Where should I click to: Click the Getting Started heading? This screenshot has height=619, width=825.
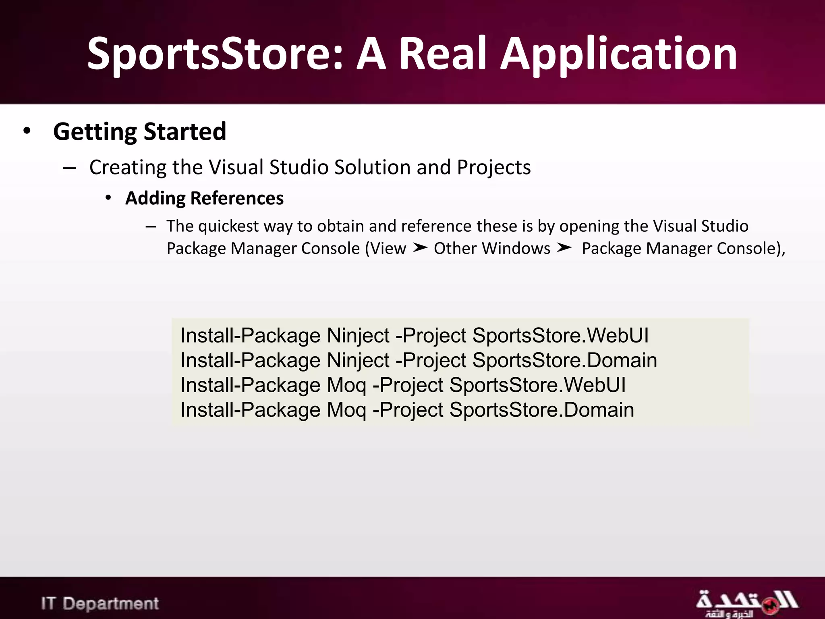(139, 131)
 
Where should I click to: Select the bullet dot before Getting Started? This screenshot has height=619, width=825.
(27, 131)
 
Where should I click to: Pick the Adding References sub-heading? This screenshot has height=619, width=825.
(204, 198)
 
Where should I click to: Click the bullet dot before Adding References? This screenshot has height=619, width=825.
(108, 197)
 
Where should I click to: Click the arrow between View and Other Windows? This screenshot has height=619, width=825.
(420, 248)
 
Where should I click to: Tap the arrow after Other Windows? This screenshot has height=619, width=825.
(564, 248)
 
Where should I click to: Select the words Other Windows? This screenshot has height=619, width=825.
(492, 248)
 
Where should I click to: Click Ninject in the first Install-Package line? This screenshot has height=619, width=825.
(358, 335)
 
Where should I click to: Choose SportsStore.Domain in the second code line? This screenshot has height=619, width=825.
(564, 360)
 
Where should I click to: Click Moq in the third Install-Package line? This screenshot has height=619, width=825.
(346, 385)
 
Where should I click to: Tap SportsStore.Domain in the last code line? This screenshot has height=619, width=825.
(541, 410)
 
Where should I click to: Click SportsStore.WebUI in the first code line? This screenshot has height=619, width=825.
(560, 335)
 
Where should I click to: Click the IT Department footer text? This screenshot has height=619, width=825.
(100, 603)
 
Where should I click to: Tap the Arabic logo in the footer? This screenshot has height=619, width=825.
(746, 603)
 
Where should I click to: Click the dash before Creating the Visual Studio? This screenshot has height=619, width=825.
(70, 168)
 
